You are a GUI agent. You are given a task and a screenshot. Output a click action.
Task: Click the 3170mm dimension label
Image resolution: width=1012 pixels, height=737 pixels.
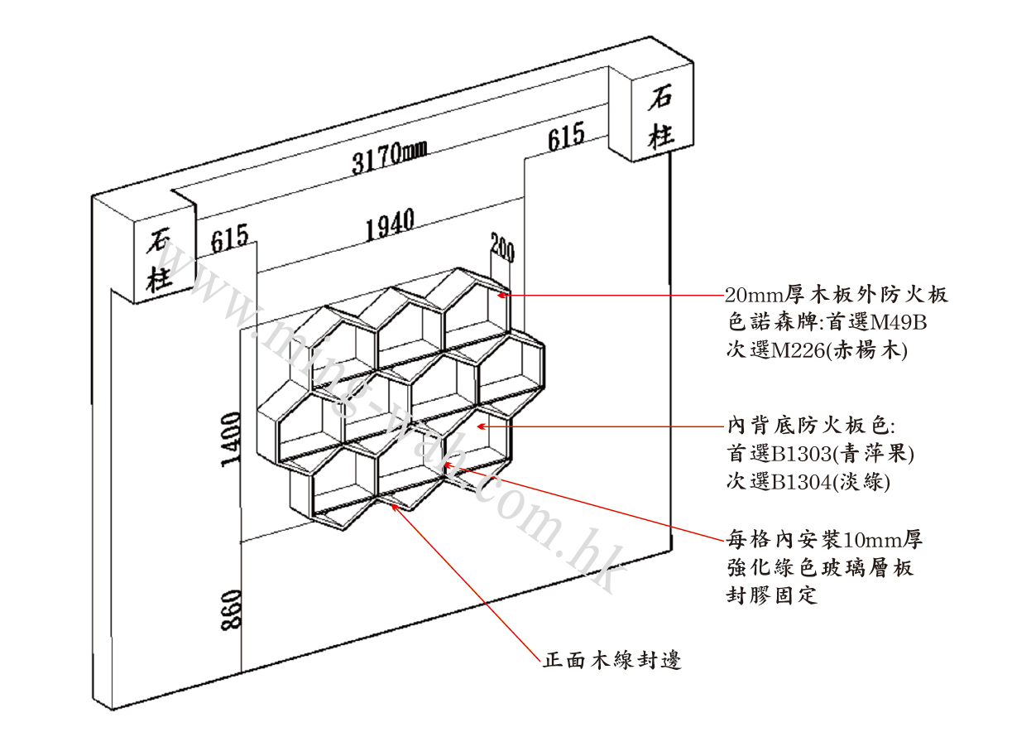pos(390,155)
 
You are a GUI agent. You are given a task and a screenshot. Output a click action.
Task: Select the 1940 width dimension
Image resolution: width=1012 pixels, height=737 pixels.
pos(390,225)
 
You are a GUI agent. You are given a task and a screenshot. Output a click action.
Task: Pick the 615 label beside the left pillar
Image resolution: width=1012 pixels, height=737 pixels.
pos(229,239)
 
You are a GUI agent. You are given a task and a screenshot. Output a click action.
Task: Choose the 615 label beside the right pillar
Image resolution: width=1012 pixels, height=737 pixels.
pos(566,136)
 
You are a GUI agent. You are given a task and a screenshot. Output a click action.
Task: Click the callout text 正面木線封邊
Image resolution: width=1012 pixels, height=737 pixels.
pos(612,661)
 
